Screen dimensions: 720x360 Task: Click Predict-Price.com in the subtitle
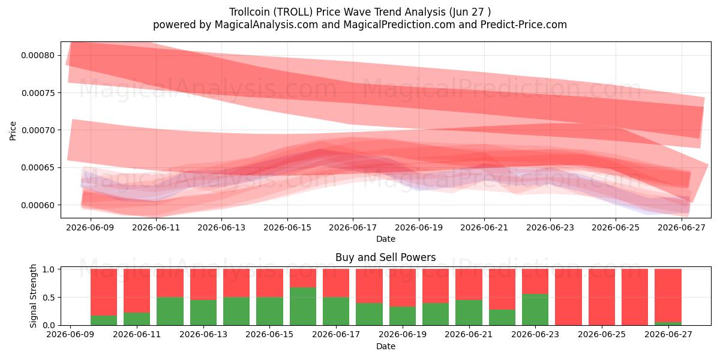click(524, 25)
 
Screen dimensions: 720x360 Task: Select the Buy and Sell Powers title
click(385, 257)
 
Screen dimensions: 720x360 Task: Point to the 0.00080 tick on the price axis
click(38, 55)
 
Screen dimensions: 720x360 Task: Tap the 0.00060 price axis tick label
click(38, 205)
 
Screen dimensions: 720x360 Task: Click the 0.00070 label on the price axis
click(38, 130)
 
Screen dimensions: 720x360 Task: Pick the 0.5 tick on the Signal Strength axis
click(49, 298)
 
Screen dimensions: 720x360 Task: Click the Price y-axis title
click(13, 131)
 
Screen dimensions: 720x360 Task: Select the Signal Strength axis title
click(33, 296)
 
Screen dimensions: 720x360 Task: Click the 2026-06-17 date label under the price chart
click(353, 227)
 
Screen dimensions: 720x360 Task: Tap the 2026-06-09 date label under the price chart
click(90, 227)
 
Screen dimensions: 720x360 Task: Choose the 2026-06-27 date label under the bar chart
click(668, 335)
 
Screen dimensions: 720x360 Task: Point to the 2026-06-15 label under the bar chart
click(269, 335)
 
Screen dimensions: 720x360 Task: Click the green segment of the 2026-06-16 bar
click(303, 307)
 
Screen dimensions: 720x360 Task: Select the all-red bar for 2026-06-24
click(568, 297)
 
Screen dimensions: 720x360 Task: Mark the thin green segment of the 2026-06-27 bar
click(668, 323)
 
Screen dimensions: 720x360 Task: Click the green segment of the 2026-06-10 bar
click(103, 320)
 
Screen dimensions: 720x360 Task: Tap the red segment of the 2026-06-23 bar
click(535, 281)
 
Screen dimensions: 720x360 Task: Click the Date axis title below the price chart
click(385, 239)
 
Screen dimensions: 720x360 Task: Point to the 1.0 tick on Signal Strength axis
click(49, 269)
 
